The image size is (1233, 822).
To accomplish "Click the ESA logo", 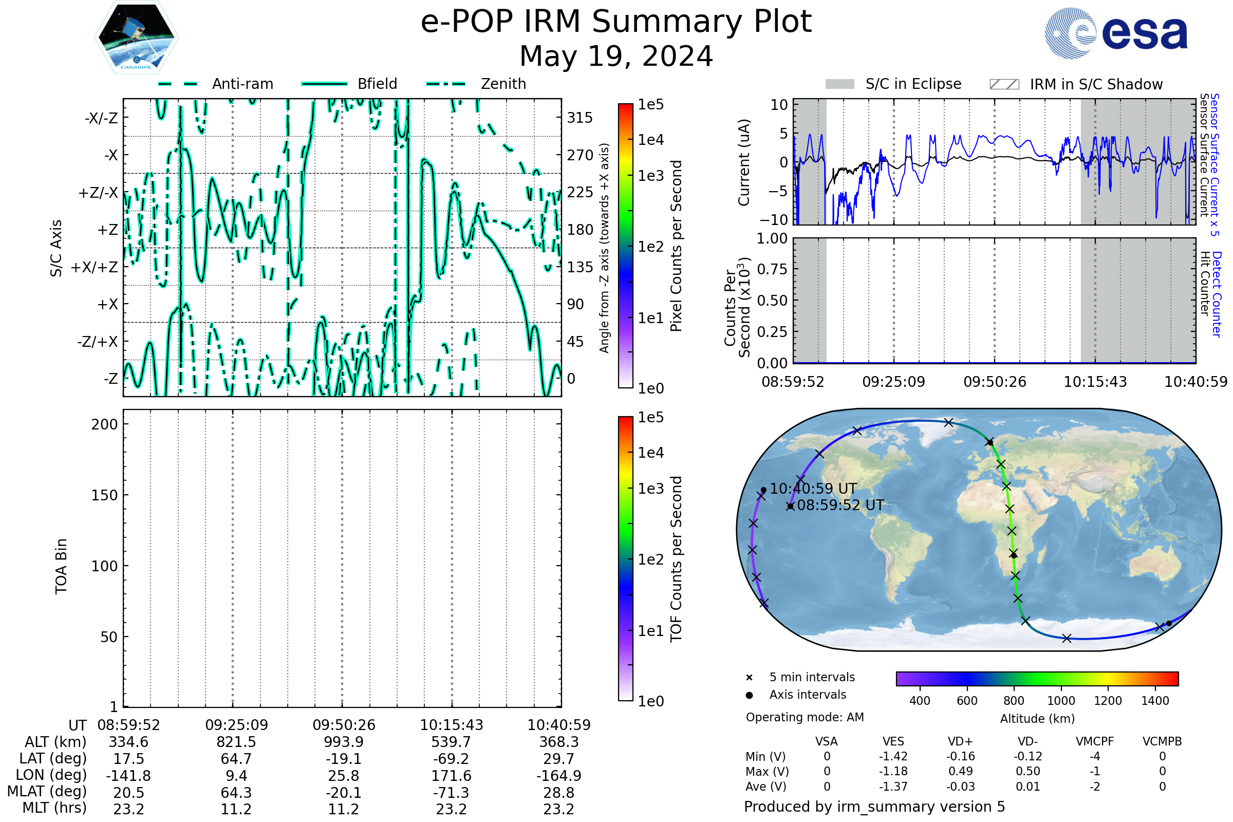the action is pyautogui.click(x=1116, y=33).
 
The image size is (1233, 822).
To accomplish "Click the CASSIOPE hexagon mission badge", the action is pyautogui.click(x=136, y=37).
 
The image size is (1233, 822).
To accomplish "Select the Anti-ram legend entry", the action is pyautogui.click(x=215, y=84).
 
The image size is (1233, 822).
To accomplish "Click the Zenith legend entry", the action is pyautogui.click(x=476, y=84).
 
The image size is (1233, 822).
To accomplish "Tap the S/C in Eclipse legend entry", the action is pyautogui.click(x=893, y=84).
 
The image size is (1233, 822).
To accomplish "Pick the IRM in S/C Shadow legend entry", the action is pyautogui.click(x=1076, y=84).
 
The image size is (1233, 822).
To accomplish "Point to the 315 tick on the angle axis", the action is pyautogui.click(x=580, y=118).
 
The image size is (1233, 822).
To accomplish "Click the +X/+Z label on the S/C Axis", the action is pyautogui.click(x=95, y=267).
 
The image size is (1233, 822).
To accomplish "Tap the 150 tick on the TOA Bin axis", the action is pyautogui.click(x=104, y=495).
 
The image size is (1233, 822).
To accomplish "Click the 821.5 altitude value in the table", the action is pyautogui.click(x=236, y=742).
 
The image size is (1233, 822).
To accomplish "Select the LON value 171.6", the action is pyautogui.click(x=452, y=775).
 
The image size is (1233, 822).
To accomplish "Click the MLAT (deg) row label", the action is pyautogui.click(x=47, y=792).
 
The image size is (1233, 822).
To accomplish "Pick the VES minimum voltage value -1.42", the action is pyautogui.click(x=893, y=756).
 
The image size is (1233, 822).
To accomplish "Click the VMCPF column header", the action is pyautogui.click(x=1095, y=741).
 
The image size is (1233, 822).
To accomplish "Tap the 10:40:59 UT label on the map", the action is pyautogui.click(x=813, y=489).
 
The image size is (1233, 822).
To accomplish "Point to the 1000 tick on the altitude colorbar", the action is pyautogui.click(x=1061, y=701).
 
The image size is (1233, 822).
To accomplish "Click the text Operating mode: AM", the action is pyautogui.click(x=805, y=717).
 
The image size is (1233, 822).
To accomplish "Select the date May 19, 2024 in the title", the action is pyautogui.click(x=616, y=56).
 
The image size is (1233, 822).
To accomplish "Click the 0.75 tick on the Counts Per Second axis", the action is pyautogui.click(x=772, y=269).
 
